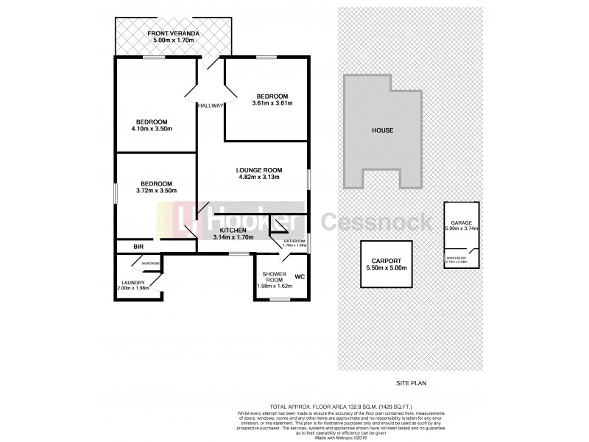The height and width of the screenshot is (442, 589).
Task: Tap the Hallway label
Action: (210, 106)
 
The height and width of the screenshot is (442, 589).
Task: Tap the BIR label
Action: (138, 246)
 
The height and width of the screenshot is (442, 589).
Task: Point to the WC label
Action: (300, 277)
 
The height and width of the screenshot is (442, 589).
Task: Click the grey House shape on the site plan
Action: (382, 131)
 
